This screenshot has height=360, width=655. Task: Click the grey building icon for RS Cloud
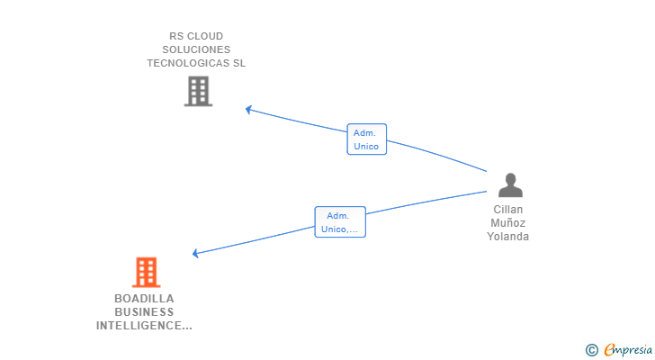197,91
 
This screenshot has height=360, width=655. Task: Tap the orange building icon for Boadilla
146,272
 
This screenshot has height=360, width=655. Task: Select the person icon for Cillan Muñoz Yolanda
510,185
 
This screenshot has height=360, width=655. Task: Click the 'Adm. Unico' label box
366,139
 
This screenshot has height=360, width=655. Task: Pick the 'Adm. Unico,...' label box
340,222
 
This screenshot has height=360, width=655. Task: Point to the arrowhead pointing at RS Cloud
249,110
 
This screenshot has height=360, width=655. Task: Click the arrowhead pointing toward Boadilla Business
197,253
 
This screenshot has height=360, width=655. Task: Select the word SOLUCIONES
196,50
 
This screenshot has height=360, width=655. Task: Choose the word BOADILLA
144,299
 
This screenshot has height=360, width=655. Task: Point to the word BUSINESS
144,312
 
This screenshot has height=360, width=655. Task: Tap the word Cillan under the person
508,210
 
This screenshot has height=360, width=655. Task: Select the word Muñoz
508,223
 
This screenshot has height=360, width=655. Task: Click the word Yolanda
508,237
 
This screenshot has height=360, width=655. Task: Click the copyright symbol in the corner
591,350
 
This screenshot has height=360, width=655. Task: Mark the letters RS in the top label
176,37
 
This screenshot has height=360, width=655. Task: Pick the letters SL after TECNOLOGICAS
238,64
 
